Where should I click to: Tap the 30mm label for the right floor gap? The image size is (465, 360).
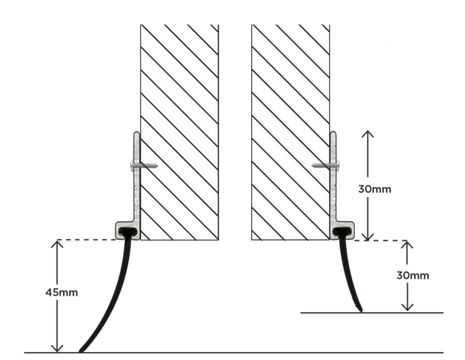coord(412,275)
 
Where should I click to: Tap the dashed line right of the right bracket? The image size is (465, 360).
coord(380,240)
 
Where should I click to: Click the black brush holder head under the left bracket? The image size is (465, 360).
coord(127,233)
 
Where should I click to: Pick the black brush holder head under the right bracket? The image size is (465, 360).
coord(342,233)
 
